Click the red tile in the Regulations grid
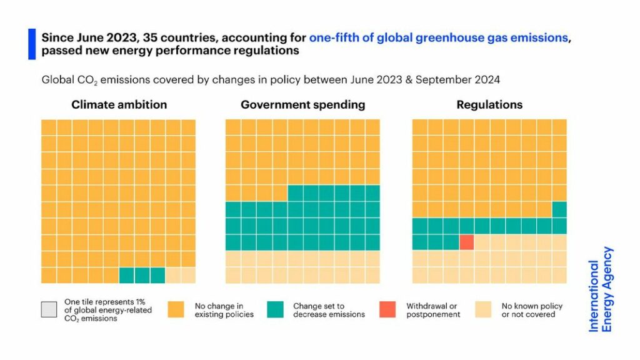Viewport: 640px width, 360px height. [x=466, y=242]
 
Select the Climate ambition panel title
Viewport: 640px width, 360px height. [x=119, y=105]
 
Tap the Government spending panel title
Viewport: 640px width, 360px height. [x=302, y=105]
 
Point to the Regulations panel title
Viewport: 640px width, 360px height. [x=489, y=105]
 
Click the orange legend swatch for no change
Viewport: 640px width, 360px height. [x=176, y=309]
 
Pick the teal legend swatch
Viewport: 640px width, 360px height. [x=275, y=309]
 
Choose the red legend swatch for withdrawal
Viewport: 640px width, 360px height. [x=387, y=309]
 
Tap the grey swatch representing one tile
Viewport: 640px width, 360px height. [x=49, y=309]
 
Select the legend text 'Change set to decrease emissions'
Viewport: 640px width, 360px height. [x=329, y=310]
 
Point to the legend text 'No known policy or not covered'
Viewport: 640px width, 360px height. [x=532, y=310]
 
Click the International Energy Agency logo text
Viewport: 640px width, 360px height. [x=601, y=289]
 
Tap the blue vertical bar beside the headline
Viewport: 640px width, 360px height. [x=32, y=44]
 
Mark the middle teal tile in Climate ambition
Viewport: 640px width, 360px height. [x=142, y=275]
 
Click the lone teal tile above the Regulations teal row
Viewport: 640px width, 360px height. [x=559, y=209]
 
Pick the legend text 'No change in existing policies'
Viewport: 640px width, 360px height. [x=224, y=310]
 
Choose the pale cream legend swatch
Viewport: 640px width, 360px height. [x=484, y=309]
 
